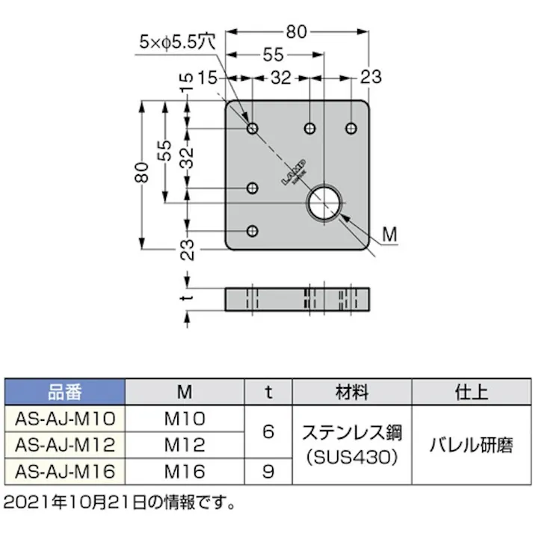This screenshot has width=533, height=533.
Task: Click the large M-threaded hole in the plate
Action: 325,203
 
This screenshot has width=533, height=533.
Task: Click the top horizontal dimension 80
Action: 297,31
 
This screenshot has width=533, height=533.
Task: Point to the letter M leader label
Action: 389,235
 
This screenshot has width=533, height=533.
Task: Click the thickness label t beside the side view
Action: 189,298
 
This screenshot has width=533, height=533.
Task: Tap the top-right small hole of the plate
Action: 350,129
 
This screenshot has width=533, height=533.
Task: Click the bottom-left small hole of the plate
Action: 253,231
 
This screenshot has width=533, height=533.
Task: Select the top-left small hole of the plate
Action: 253,129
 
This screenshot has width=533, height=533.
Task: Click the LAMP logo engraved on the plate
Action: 295,173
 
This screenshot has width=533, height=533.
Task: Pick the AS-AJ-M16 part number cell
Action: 65,471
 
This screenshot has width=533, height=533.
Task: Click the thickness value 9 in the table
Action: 269,471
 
